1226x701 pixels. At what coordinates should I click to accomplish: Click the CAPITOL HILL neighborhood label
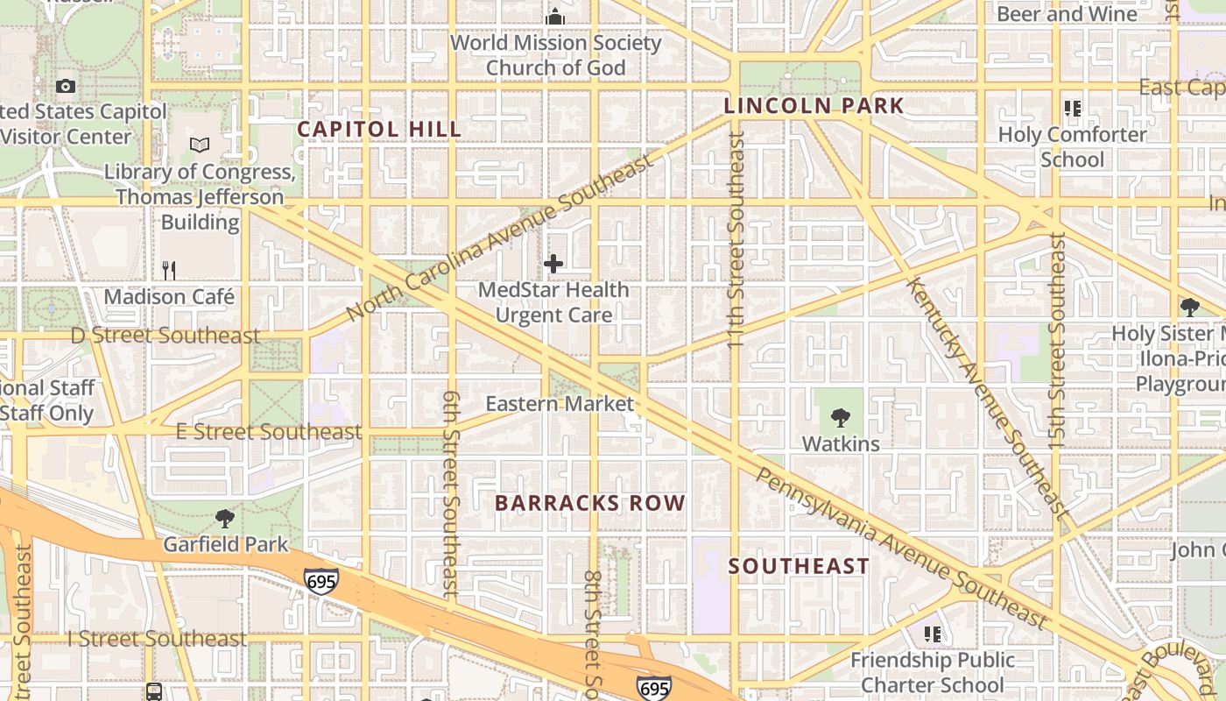[379, 129]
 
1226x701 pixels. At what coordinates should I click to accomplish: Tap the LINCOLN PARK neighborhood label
[814, 106]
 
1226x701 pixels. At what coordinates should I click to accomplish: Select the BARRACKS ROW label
[589, 503]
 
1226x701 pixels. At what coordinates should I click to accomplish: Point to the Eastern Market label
[559, 404]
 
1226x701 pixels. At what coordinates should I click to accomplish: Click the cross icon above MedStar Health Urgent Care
[553, 264]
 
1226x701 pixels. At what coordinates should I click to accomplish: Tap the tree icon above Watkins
[841, 418]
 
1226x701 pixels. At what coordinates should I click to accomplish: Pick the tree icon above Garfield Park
[225, 519]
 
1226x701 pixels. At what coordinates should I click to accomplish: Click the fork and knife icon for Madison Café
[169, 270]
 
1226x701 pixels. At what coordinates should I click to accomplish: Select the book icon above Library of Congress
[200, 145]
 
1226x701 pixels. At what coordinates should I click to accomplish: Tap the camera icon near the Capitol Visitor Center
[66, 86]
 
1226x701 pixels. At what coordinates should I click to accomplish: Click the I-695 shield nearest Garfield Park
[321, 581]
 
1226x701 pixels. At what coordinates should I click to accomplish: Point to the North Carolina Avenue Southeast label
[500, 238]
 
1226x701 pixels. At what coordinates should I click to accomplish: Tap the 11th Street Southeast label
[736, 240]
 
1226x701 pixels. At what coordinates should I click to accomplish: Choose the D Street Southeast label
[166, 336]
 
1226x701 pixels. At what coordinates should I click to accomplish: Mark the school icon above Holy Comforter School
[1073, 109]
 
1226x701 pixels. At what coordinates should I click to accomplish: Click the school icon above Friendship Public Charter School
[933, 634]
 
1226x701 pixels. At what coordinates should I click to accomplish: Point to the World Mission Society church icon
[555, 17]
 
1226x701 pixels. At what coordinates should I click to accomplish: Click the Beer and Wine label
[1067, 14]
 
